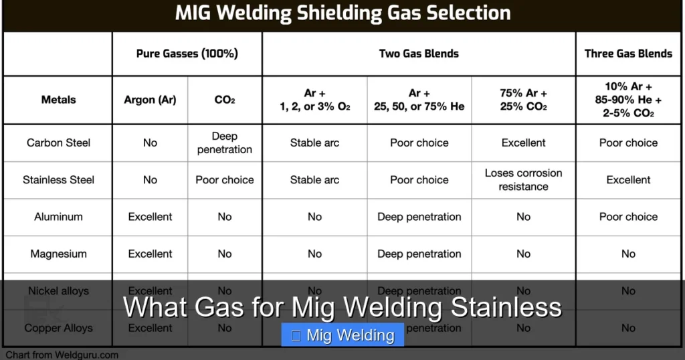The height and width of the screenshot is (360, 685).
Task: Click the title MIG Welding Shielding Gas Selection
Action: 342,13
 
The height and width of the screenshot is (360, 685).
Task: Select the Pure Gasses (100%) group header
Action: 187,54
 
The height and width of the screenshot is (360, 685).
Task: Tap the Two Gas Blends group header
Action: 419,54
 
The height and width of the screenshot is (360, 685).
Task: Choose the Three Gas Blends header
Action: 628,54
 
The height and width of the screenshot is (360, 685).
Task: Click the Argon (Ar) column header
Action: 150,100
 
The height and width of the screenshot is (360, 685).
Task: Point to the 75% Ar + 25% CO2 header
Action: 523,100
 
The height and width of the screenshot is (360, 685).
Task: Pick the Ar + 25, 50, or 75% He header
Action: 419,100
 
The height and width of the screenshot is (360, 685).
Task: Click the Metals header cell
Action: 58,100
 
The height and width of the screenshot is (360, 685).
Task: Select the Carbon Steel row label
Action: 58,143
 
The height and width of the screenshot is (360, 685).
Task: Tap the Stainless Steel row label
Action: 58,179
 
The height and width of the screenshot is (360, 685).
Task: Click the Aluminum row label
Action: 58,217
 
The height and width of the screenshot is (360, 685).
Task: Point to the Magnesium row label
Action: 58,254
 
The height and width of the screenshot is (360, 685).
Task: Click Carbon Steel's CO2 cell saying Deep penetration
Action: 225,143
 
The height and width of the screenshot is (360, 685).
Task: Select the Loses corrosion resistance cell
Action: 523,179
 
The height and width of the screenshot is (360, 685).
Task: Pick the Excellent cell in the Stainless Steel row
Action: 628,179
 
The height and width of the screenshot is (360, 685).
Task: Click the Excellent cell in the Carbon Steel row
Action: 523,143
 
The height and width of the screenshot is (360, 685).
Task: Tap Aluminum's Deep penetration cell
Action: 419,217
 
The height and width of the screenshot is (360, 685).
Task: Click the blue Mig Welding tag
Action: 342,335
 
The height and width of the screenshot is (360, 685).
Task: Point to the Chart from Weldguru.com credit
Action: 62,355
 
